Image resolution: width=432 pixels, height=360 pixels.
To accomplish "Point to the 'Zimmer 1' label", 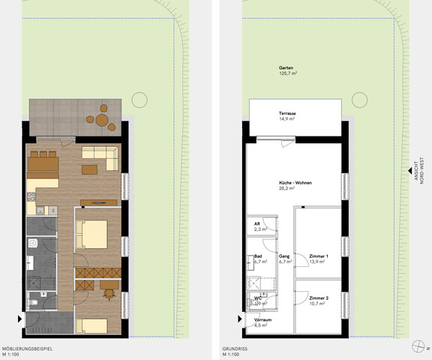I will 319,255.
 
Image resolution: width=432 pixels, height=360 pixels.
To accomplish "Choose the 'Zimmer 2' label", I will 319,297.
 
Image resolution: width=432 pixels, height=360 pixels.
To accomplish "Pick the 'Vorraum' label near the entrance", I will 262,319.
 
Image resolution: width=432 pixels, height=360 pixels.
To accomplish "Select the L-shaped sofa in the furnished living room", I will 100,157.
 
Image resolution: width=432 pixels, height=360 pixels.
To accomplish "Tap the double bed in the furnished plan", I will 94,235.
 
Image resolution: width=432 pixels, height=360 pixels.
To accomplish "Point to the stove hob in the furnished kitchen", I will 31,199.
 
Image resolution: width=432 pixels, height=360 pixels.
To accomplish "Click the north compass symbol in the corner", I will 418,345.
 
